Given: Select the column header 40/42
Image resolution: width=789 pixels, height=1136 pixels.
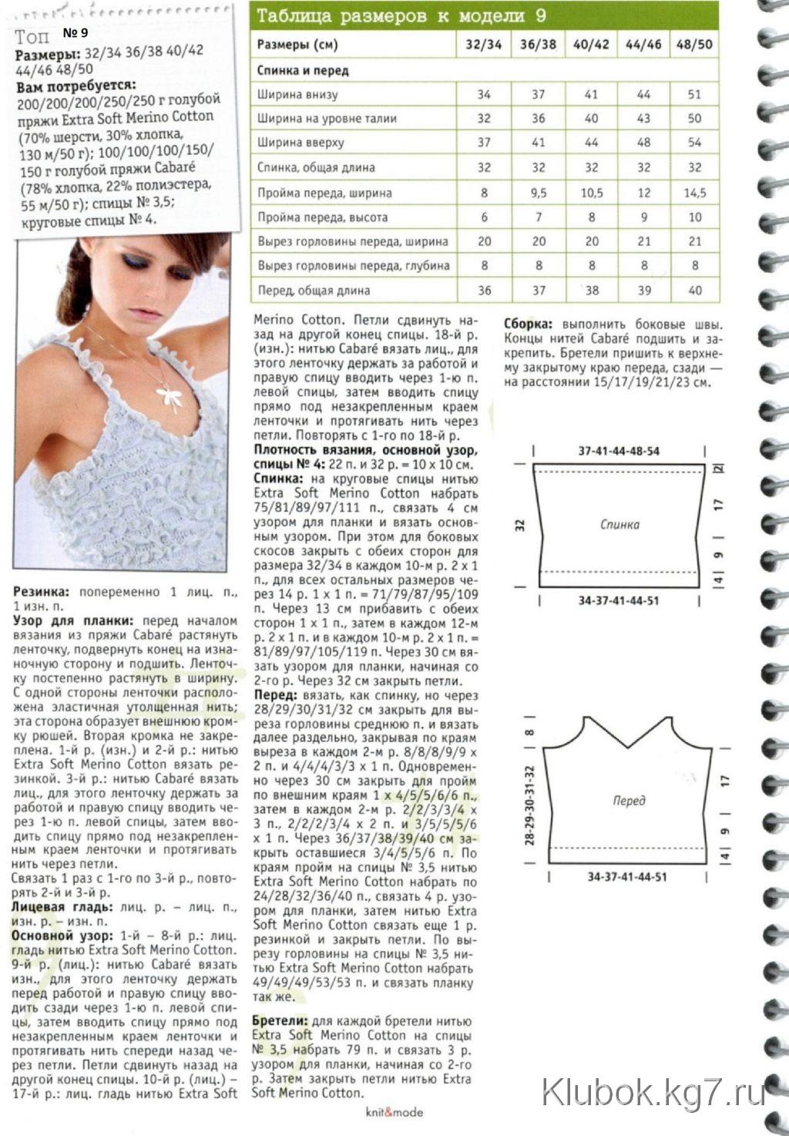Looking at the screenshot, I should click(591, 45).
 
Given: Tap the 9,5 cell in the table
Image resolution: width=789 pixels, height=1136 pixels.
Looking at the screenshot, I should click(538, 193).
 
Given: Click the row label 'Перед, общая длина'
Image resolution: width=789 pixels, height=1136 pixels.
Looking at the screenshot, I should click(314, 291).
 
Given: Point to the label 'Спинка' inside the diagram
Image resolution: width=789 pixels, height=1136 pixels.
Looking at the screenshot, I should click(619, 524).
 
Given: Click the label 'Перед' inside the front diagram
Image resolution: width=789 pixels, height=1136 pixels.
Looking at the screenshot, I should click(629, 800).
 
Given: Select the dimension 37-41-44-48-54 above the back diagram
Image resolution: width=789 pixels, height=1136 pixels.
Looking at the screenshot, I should click(619, 451).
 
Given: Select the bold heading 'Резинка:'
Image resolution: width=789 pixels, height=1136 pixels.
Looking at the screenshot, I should click(42, 592).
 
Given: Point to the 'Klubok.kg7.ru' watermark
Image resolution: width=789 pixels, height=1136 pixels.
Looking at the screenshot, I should click(653, 1092).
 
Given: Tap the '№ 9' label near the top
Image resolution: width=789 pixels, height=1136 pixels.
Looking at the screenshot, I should click(75, 32).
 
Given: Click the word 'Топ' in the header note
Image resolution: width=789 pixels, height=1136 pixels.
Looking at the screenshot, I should click(32, 36).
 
